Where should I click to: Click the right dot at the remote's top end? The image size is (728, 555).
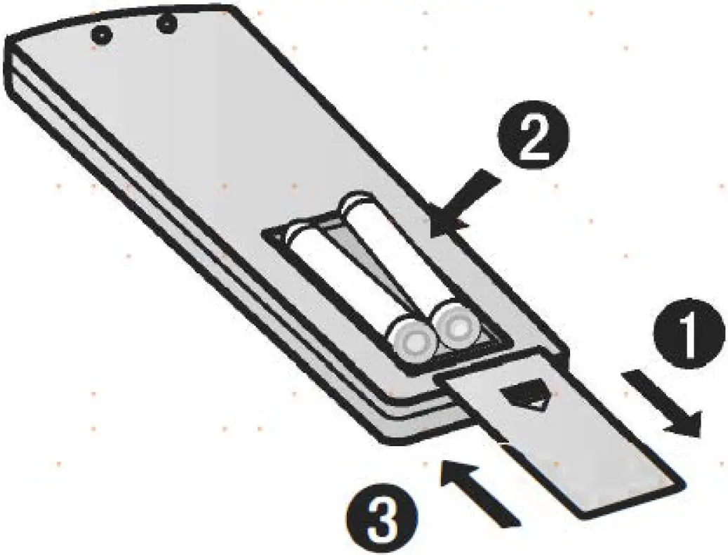pyautogui.click(x=166, y=25)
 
